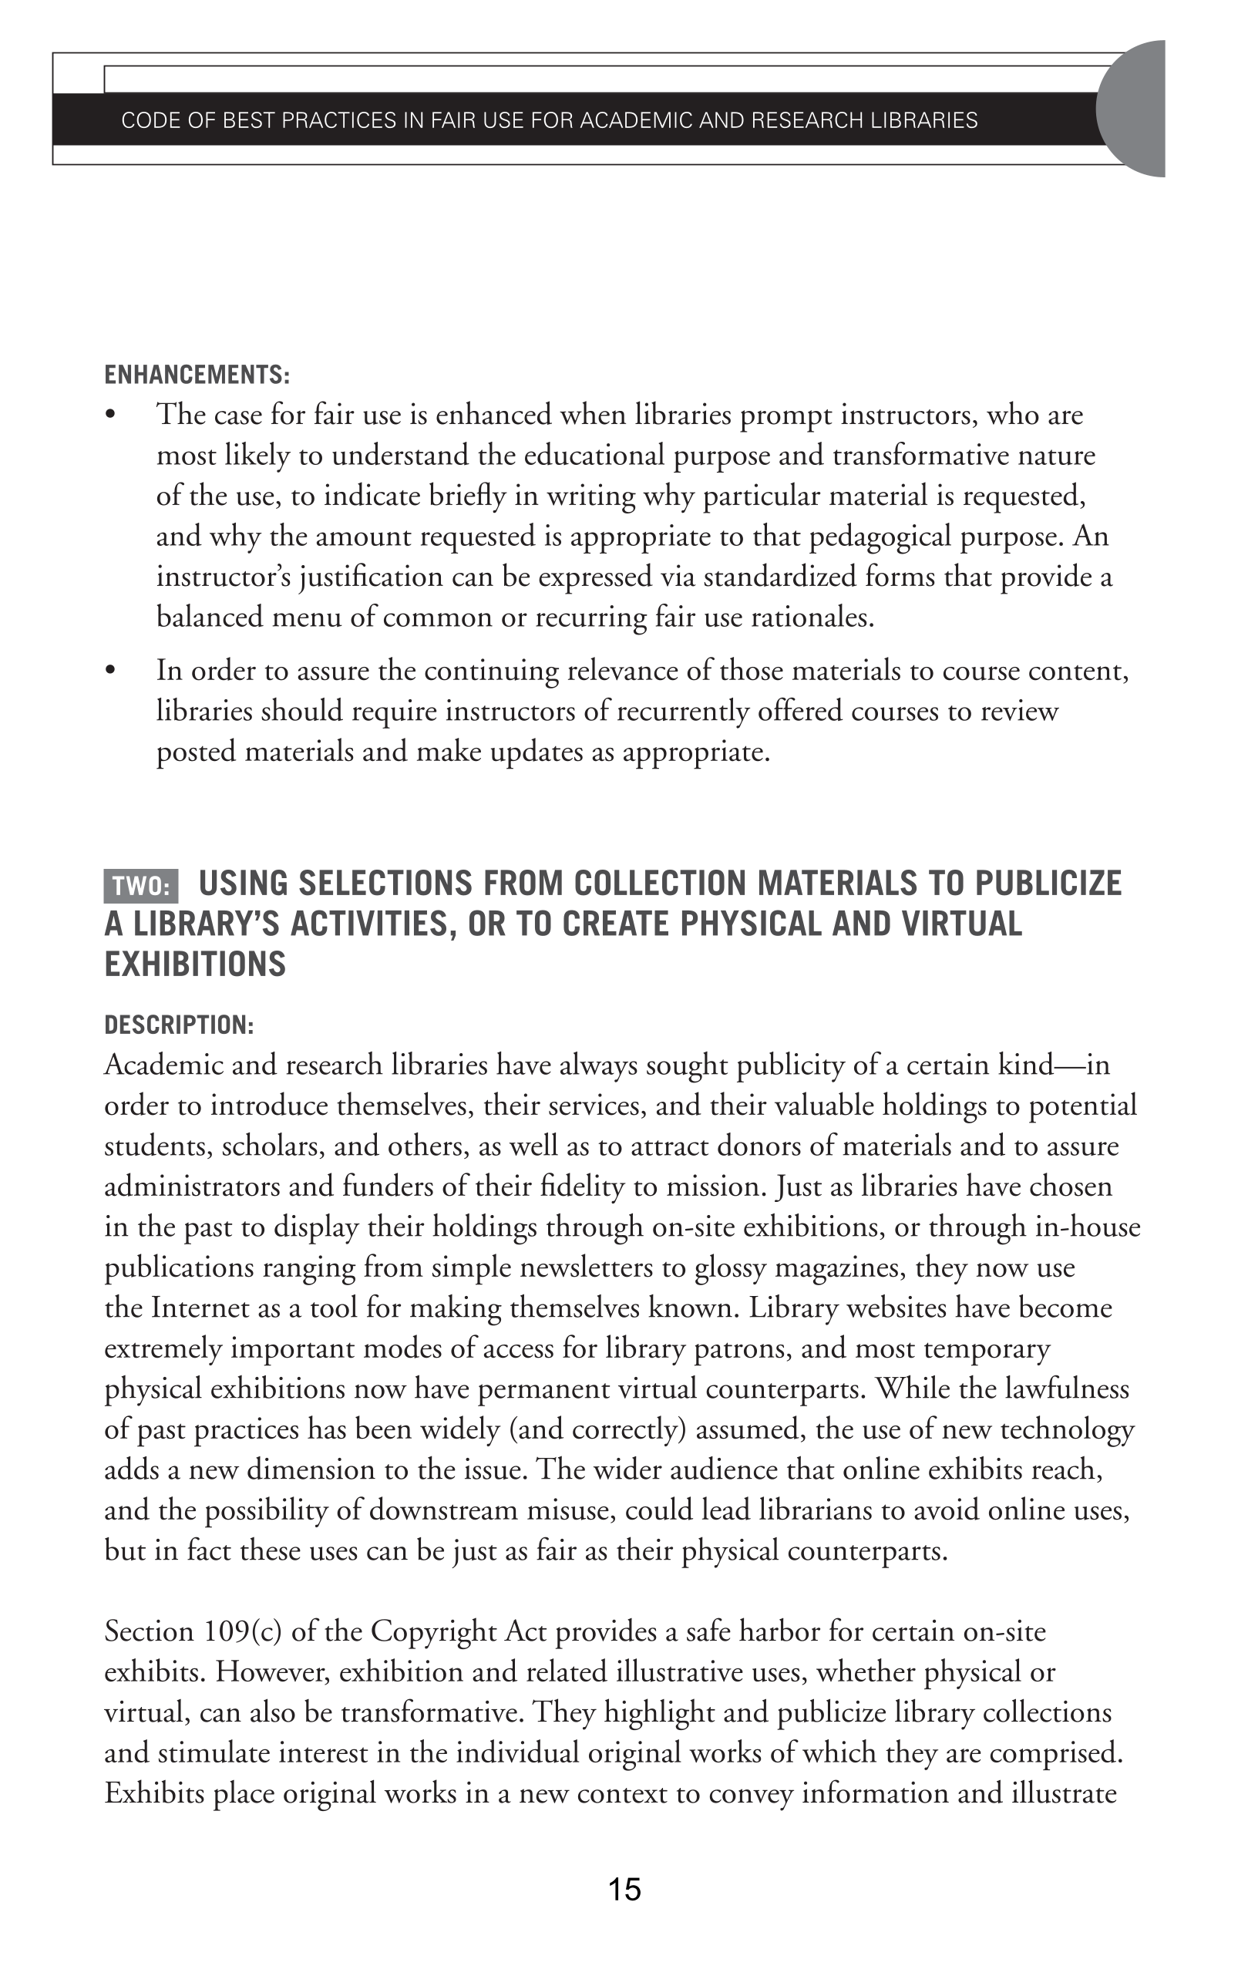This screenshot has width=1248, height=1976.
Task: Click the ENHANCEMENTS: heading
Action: click(197, 375)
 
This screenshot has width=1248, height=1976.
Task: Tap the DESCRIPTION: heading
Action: click(179, 1025)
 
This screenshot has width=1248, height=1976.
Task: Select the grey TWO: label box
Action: click(141, 887)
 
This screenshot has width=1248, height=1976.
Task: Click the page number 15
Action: click(624, 1889)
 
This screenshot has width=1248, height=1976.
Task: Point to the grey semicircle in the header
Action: click(1135, 108)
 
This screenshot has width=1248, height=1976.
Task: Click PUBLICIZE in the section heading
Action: click(1048, 883)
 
